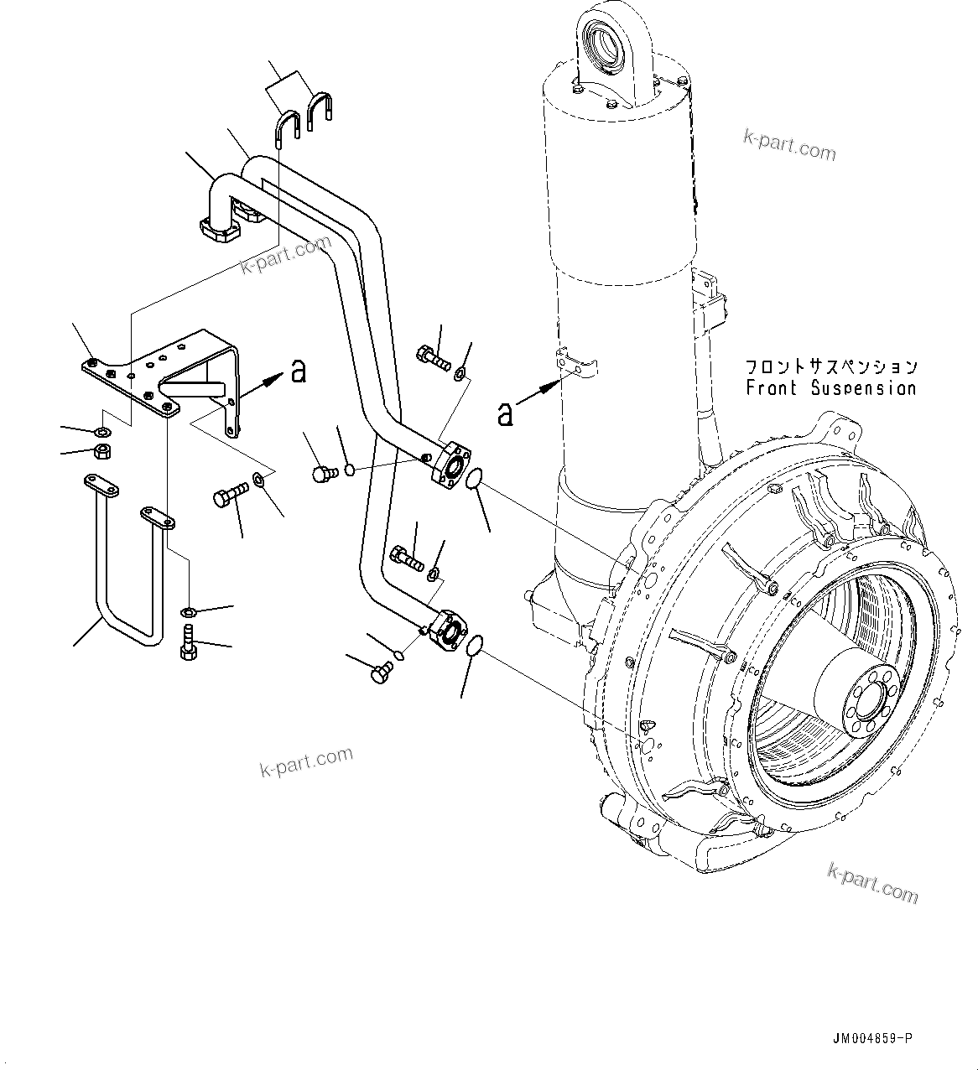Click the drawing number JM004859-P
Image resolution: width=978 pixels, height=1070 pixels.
pos(871,1038)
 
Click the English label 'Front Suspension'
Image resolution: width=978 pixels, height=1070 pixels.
pos(831,388)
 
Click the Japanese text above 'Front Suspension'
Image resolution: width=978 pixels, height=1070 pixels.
pos(831,366)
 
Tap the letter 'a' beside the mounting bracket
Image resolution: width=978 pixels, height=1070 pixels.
pos(298,371)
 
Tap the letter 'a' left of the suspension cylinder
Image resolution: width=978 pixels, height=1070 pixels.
pos(505,413)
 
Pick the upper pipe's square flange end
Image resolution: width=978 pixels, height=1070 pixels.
pos(452,464)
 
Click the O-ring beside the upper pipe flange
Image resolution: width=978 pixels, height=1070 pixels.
pos(474,479)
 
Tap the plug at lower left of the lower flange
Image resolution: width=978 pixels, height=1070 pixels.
pos(382,670)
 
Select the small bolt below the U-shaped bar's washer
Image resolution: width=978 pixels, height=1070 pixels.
pos(189,644)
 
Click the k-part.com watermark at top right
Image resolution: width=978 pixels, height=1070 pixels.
pos(789,146)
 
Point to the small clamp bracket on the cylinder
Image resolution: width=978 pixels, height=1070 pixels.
pos(579,363)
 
